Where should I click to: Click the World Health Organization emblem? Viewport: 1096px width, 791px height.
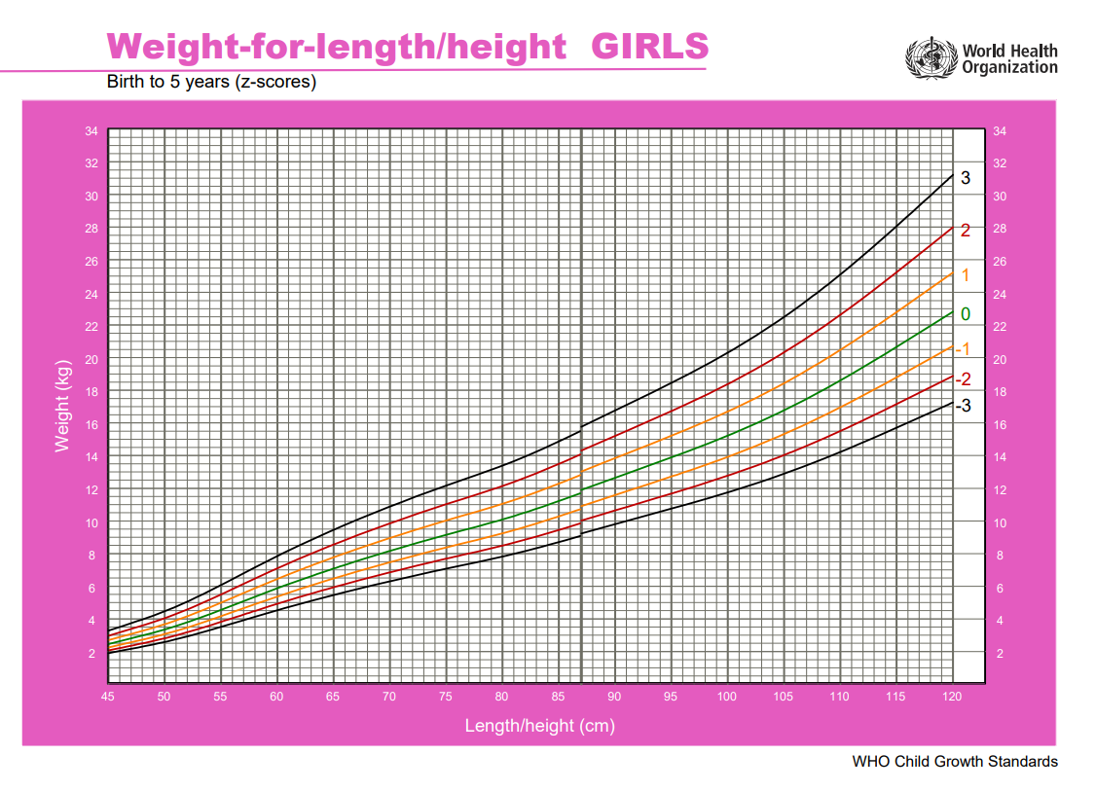coord(932,58)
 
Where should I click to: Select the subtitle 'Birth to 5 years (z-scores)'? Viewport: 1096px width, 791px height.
coord(211,82)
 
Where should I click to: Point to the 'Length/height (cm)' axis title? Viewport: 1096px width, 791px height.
coord(539,726)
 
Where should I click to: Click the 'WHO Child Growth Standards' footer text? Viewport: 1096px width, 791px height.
coord(955,761)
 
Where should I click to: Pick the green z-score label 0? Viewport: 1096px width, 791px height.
coord(965,314)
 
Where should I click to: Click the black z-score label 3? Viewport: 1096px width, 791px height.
coord(966,178)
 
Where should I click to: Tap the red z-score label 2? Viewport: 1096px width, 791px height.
coord(966,231)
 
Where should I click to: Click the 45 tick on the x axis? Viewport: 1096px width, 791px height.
coord(108,697)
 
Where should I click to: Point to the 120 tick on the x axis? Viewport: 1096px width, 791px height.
coord(952,697)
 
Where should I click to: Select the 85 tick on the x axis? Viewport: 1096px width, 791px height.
coord(558,697)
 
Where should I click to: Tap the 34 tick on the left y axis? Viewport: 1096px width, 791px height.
coord(91,131)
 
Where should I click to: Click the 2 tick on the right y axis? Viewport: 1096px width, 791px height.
coord(999,654)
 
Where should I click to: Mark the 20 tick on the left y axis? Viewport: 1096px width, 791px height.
coord(91,360)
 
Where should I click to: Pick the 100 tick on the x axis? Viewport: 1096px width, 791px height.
coord(727,697)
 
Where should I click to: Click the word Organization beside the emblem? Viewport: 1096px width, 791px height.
coord(1009,68)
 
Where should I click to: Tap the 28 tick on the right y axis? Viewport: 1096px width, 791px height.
coord(1000,230)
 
